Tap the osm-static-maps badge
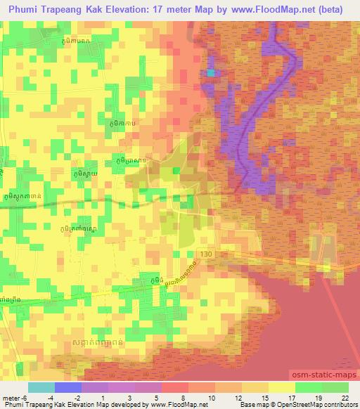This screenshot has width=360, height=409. tap(328, 375)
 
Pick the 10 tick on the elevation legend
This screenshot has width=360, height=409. tap(204, 398)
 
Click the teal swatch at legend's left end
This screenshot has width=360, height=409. tap(42, 387)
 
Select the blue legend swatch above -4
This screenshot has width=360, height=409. tap(68, 387)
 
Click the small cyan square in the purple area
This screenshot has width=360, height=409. tap(210, 72)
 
